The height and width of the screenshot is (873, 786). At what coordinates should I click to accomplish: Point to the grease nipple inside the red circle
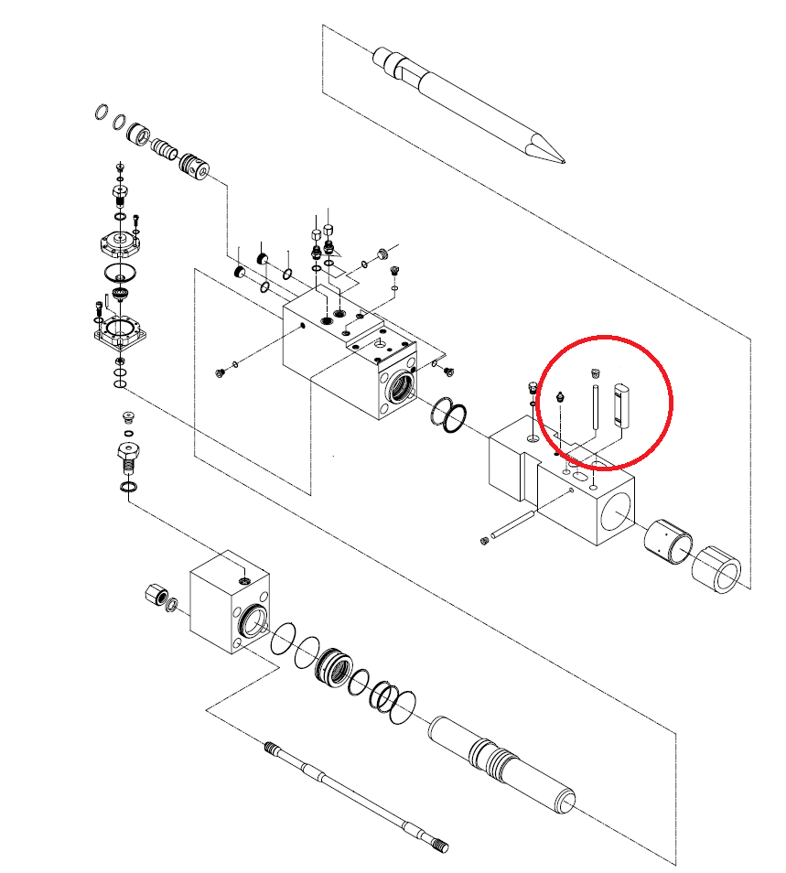pyautogui.click(x=560, y=398)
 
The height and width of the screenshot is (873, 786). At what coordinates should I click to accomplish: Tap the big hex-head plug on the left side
pyautogui.click(x=127, y=453)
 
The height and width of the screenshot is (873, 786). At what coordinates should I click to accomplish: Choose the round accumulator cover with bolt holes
pyautogui.click(x=119, y=243)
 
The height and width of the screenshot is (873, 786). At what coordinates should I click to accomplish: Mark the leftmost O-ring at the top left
pyautogui.click(x=100, y=113)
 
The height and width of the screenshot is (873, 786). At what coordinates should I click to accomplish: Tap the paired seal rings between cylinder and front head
pyautogui.click(x=448, y=416)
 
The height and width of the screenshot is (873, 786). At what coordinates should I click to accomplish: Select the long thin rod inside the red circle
pyautogui.click(x=595, y=406)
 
